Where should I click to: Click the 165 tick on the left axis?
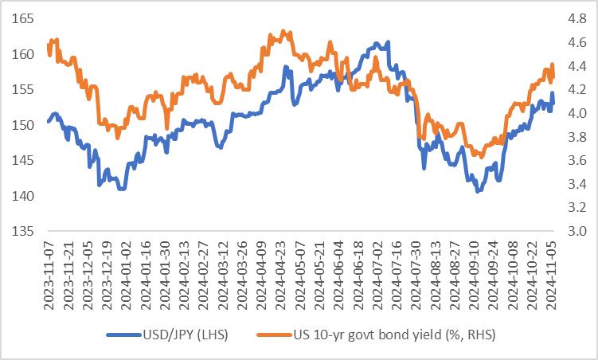[21, 18]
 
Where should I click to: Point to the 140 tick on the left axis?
[21, 196]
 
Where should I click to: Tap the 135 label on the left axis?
[21, 232]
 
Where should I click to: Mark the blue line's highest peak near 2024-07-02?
[387, 42]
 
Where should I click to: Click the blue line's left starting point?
[49, 121]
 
